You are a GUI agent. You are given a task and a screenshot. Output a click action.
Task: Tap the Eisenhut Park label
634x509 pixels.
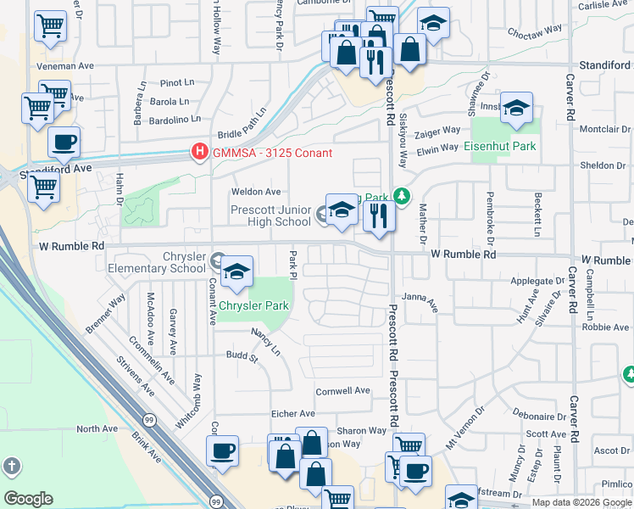pos(500,146)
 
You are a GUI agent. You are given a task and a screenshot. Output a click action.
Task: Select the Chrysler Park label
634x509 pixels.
pos(254,305)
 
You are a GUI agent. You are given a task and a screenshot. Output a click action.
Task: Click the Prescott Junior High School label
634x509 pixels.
pos(270,215)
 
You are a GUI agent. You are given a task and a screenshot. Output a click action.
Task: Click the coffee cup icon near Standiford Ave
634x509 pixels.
pos(64,143)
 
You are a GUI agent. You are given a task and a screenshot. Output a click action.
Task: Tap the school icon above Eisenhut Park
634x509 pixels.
pos(516,108)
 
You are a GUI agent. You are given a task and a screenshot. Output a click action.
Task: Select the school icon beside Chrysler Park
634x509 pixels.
pos(237,272)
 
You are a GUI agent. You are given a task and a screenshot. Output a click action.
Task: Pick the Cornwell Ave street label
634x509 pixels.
pos(343,391)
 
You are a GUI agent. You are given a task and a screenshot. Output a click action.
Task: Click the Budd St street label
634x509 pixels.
pos(242,357)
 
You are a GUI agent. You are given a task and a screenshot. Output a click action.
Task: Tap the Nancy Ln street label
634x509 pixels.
pos(267,338)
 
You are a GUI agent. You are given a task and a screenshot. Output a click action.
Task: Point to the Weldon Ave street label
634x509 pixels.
pos(261,193)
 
